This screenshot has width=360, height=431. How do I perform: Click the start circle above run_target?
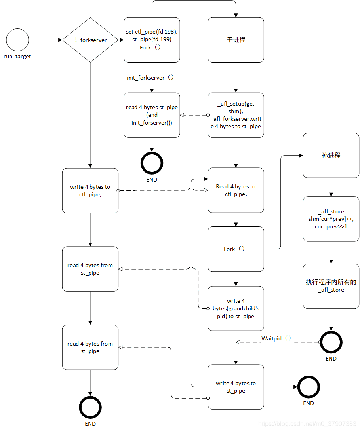tap(17, 40)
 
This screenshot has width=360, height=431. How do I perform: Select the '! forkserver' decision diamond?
tap(90, 40)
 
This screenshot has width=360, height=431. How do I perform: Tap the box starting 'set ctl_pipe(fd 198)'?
tap(152, 40)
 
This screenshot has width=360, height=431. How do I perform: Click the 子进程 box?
tap(236, 40)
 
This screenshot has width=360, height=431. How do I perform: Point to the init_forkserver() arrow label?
tap(150, 78)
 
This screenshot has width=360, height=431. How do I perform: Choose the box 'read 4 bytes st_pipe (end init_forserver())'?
tap(152, 115)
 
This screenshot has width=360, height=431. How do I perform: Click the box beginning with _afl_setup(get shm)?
tap(236, 115)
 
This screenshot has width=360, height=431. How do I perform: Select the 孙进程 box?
tap(331, 156)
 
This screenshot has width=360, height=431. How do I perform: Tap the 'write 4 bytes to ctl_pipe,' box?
tap(90, 190)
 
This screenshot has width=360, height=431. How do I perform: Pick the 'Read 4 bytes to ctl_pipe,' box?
tap(236, 190)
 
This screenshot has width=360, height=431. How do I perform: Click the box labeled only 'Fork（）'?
tap(236, 249)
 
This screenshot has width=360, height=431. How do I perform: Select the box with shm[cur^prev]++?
tap(331, 219)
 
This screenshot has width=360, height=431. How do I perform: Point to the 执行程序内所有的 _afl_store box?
tap(331, 286)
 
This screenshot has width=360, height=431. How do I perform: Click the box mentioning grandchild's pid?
tap(236, 308)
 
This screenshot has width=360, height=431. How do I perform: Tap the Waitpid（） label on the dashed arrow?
tap(276, 338)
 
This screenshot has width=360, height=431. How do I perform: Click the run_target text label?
tap(17, 57)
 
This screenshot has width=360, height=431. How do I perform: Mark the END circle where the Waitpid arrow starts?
tap(331, 342)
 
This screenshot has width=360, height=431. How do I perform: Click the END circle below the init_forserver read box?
tap(152, 163)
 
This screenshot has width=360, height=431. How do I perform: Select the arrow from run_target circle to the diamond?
tap(46, 40)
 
